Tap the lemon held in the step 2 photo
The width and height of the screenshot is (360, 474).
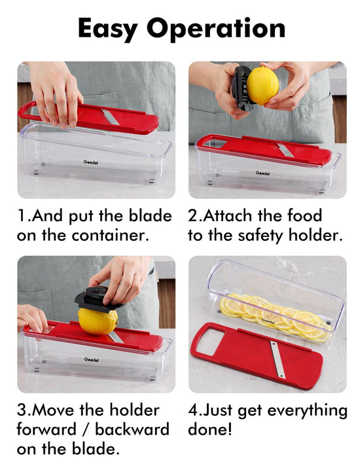pyautogui.click(x=262, y=86)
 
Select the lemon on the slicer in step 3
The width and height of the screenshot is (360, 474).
pyautogui.click(x=98, y=321)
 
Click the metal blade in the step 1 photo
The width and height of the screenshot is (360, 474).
pyautogui.click(x=111, y=117)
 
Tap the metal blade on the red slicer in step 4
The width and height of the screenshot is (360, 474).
pyautogui.click(x=278, y=359)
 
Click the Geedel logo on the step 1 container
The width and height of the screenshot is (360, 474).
pyautogui.click(x=90, y=162)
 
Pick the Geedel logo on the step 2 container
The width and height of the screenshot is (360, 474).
pyautogui.click(x=262, y=173)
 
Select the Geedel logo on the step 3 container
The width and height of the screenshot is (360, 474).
pyautogui.click(x=91, y=359)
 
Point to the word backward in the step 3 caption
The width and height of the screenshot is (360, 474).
pyautogui.click(x=132, y=429)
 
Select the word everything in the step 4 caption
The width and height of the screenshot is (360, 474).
pyautogui.click(x=308, y=410)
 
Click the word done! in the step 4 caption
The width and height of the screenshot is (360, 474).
pyautogui.click(x=210, y=429)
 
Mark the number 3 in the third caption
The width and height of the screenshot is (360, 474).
pyautogui.click(x=22, y=410)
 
